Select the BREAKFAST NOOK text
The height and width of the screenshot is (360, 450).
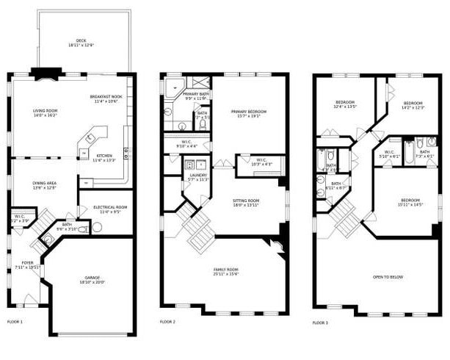[x=106, y=99]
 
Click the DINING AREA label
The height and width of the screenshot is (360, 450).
[x=44, y=185]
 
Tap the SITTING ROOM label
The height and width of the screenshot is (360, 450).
[x=246, y=203]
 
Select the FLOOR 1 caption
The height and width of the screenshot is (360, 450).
[x=15, y=322]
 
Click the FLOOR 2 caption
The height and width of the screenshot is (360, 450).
[x=167, y=322]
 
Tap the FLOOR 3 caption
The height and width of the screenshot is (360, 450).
[x=319, y=323]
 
